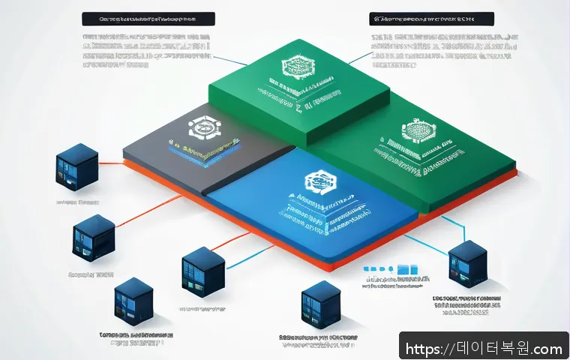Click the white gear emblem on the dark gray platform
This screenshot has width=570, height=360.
click(200, 129)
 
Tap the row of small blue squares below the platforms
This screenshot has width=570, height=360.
click(390, 268)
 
